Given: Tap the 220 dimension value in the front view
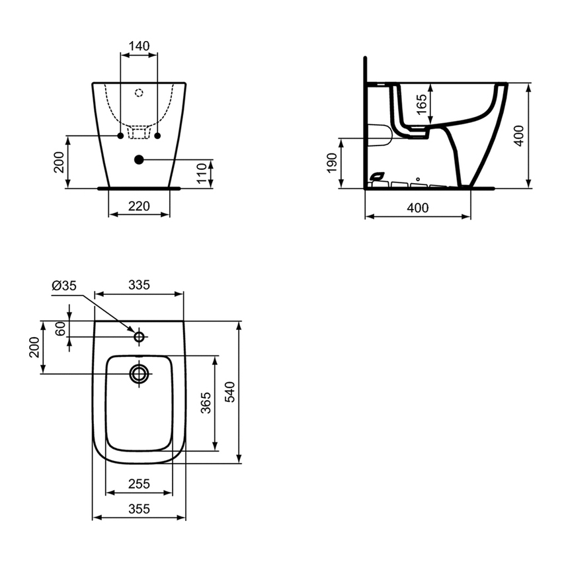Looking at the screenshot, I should click(138, 206).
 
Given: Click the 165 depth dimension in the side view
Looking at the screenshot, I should click(422, 104).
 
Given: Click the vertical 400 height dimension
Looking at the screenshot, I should click(518, 136).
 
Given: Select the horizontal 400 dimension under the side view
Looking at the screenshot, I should click(417, 208).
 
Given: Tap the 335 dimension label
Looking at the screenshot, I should click(138, 285).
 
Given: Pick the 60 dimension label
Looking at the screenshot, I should click(61, 329).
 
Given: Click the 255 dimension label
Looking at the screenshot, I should click(138, 484).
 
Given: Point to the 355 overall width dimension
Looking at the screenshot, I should click(138, 508).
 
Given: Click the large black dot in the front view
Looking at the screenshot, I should click(139, 159).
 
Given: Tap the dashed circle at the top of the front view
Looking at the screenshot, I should click(139, 91).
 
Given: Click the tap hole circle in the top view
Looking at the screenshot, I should click(139, 337).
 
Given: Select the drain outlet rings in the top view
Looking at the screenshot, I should click(139, 374).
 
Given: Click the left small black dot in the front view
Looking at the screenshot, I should click(120, 136).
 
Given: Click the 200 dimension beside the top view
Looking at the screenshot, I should click(34, 346).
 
